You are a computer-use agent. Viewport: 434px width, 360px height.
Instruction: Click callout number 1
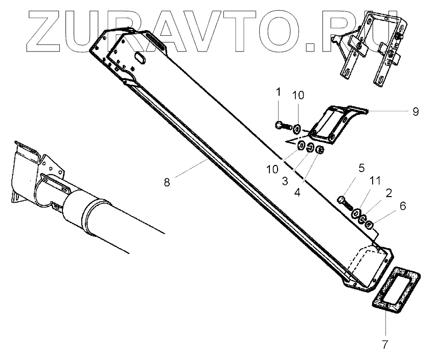click(279, 92)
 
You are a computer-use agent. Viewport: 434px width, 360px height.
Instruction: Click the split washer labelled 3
click(310, 148)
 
